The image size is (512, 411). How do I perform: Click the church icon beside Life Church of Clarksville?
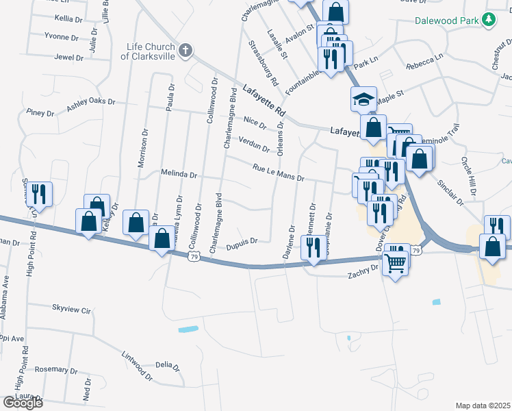pyautogui.click(x=185, y=51)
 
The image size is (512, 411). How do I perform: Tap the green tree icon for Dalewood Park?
pyautogui.click(x=489, y=21)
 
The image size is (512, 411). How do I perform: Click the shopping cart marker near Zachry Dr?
pyautogui.click(x=396, y=258)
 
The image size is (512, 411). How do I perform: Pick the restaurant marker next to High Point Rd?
pyautogui.click(x=38, y=194)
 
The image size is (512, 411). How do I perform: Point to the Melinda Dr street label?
pyautogui.click(x=179, y=175)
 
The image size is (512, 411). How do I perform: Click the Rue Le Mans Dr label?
pyautogui.click(x=278, y=173)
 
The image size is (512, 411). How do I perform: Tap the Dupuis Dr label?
pyautogui.click(x=241, y=241)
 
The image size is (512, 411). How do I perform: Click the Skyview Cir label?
pyautogui.click(x=71, y=310)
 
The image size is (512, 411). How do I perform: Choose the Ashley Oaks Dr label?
pyautogui.click(x=91, y=104)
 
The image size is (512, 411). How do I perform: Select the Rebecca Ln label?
pyautogui.click(x=424, y=63)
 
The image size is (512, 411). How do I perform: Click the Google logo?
pyautogui.click(x=23, y=402)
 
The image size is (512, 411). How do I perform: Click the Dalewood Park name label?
pyautogui.click(x=446, y=21)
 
